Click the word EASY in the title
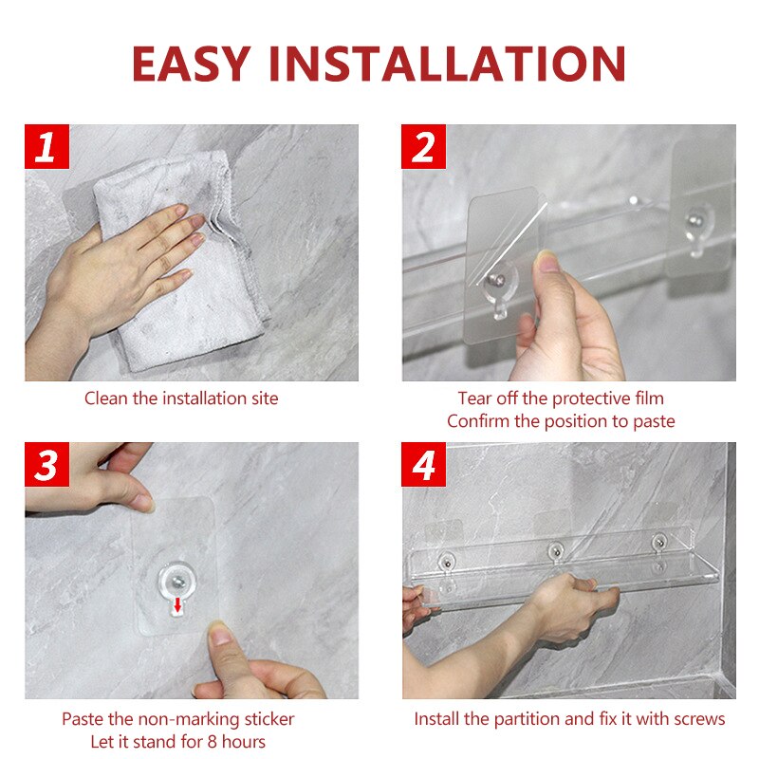(x=192, y=64)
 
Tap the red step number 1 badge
(x=46, y=147)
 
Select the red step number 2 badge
(x=423, y=147)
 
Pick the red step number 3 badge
(x=46, y=464)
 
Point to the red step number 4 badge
(x=423, y=464)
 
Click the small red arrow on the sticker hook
(x=177, y=604)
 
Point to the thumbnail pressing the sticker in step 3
(x=221, y=633)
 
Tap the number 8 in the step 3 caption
(x=212, y=742)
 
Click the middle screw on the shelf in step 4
(x=556, y=551)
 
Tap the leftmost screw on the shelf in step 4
(x=448, y=563)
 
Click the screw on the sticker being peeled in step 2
(x=497, y=280)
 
